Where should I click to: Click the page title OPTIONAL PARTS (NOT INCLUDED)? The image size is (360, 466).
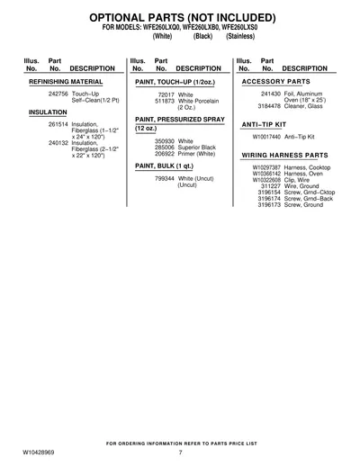click(183, 18)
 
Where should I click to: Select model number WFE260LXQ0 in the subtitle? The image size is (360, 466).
click(161, 27)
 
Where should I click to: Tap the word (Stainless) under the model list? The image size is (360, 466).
click(240, 36)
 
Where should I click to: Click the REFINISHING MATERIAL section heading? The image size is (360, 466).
click(66, 82)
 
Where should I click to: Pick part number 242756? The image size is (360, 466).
click(58, 94)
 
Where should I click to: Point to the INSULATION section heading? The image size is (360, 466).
click(48, 112)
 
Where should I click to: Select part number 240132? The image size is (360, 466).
click(58, 143)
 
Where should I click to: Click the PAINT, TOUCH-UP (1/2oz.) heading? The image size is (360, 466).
click(175, 82)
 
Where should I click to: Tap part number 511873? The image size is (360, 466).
click(165, 101)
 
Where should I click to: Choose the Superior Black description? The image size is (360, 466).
click(197, 148)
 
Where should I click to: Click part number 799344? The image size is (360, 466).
click(165, 179)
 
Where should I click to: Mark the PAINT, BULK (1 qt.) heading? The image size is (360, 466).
click(164, 166)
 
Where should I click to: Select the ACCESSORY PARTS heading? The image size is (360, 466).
click(276, 82)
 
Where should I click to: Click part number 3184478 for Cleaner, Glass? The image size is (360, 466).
click(269, 106)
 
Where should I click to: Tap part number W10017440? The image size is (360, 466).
click(266, 137)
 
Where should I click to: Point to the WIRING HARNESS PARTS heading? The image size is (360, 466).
click(284, 156)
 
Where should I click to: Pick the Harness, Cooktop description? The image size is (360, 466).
click(307, 167)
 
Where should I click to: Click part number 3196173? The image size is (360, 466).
click(269, 205)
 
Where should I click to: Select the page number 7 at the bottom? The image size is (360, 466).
click(180, 453)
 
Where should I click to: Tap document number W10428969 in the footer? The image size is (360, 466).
click(39, 453)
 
